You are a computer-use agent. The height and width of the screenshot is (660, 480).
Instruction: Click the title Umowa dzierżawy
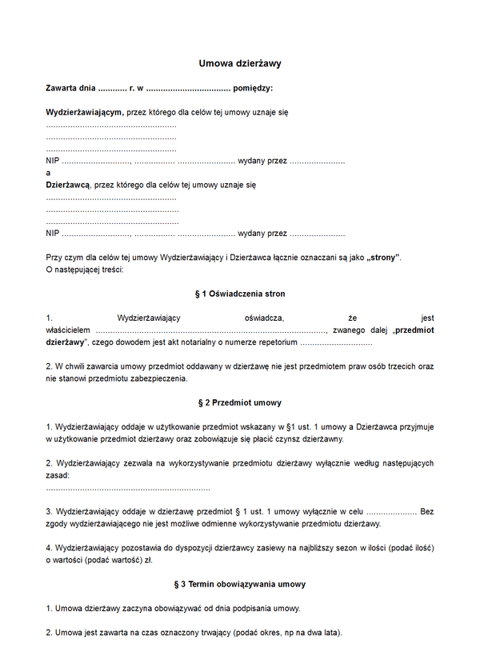tap(240, 62)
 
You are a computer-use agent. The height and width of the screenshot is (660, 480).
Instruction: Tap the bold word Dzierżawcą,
tap(69, 185)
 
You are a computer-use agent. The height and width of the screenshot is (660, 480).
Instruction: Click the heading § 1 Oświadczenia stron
tap(240, 294)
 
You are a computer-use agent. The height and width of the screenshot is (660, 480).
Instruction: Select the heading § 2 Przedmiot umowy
tap(240, 402)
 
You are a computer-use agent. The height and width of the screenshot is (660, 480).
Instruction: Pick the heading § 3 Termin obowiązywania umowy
tap(240, 584)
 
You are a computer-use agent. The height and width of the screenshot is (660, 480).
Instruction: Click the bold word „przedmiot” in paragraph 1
tap(414, 329)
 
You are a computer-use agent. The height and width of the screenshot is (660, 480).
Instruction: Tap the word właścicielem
tap(69, 329)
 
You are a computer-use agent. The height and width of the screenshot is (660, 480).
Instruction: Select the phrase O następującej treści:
tap(85, 270)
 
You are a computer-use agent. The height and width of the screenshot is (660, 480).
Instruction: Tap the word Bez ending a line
tap(426, 511)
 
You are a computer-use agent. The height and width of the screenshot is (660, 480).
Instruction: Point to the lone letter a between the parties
tap(49, 173)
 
